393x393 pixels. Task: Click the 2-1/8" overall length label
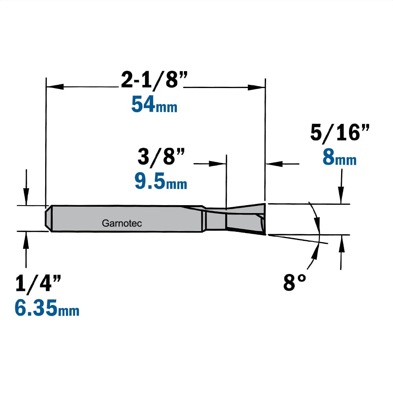[154, 80]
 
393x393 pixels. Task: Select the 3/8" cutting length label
[161, 157]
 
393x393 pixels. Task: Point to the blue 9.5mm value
[161, 181]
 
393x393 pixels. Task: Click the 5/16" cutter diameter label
[340, 133]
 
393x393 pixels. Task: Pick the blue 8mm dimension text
[340, 158]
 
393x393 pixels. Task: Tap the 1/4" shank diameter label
[38, 283]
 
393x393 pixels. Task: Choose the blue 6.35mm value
[47, 308]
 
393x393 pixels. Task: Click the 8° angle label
[294, 283]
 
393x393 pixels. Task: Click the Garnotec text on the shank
[122, 223]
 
